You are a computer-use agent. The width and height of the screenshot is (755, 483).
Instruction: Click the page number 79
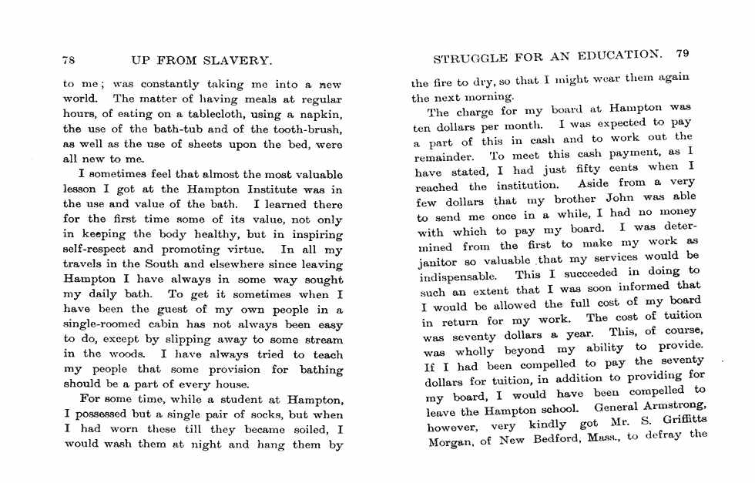[x=682, y=54]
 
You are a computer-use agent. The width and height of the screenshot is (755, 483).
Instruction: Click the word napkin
[x=322, y=113]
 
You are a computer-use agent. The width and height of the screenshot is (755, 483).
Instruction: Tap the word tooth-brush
[x=307, y=128]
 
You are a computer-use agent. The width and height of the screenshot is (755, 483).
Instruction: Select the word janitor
[x=436, y=261]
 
